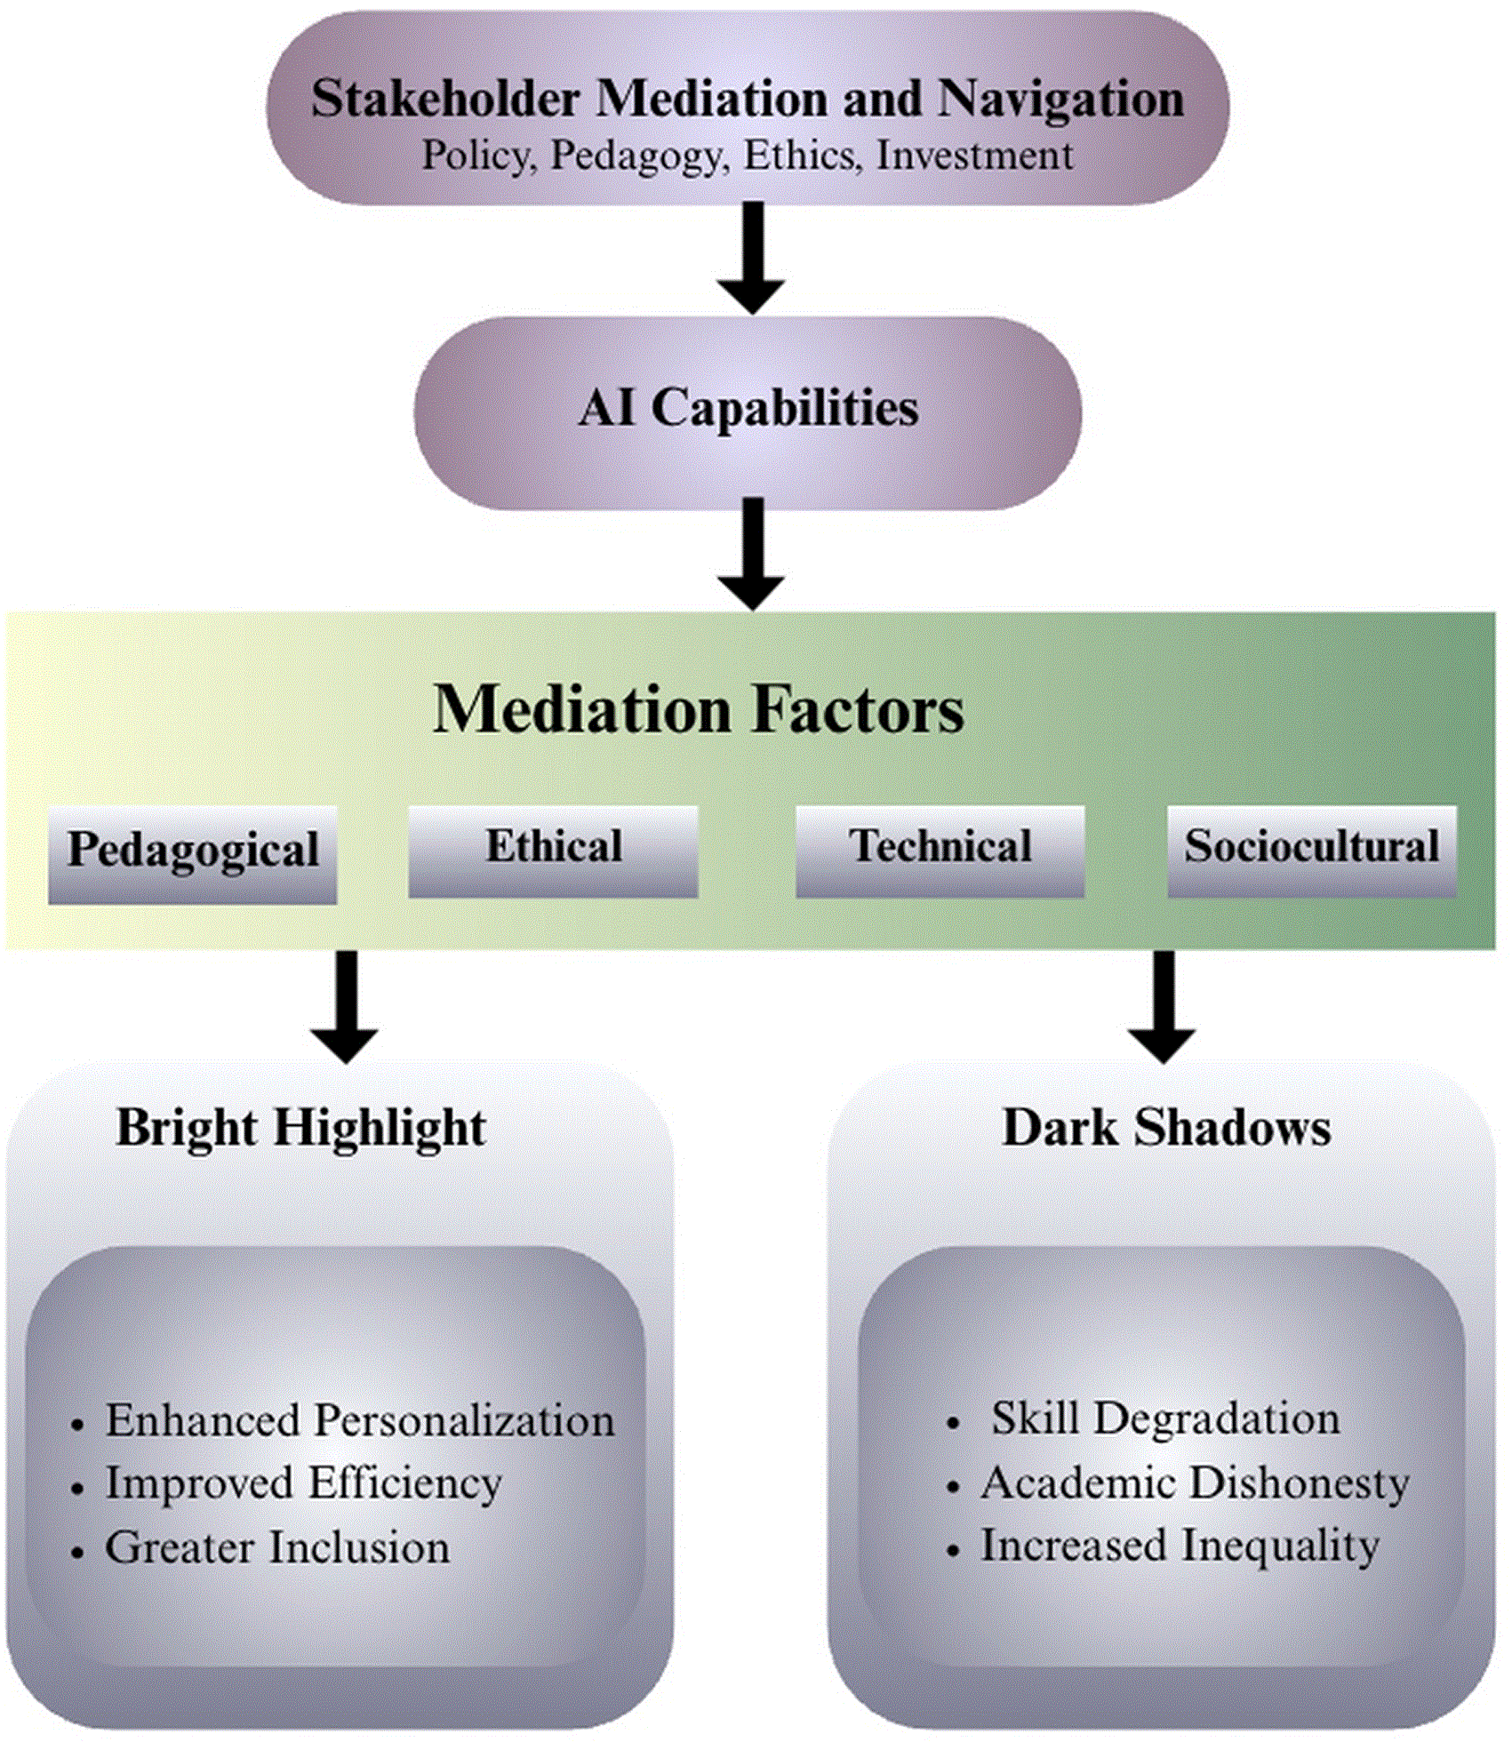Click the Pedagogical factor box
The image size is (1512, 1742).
193,855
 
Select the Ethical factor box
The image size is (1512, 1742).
553,851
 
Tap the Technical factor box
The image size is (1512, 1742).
940,851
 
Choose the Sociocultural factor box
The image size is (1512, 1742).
1311,851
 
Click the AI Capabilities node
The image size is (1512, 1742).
748,412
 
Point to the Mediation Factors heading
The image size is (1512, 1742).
699,709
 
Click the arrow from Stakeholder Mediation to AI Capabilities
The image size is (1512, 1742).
752,258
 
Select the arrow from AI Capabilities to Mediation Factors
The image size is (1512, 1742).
752,554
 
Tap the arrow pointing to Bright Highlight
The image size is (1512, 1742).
345,1007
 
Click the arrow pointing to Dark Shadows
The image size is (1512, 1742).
1162,1007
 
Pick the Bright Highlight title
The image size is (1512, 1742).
301,1129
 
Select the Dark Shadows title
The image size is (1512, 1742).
1166,1128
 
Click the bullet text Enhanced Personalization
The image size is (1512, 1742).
360,1419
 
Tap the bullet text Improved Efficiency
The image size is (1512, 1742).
304,1483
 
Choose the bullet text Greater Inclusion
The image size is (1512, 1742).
277,1547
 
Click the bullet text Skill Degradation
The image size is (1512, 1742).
1165,1418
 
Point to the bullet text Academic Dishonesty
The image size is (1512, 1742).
1196,1482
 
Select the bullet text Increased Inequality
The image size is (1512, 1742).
1180,1546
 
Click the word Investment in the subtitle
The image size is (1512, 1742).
975,156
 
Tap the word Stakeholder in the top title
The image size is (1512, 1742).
445,98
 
